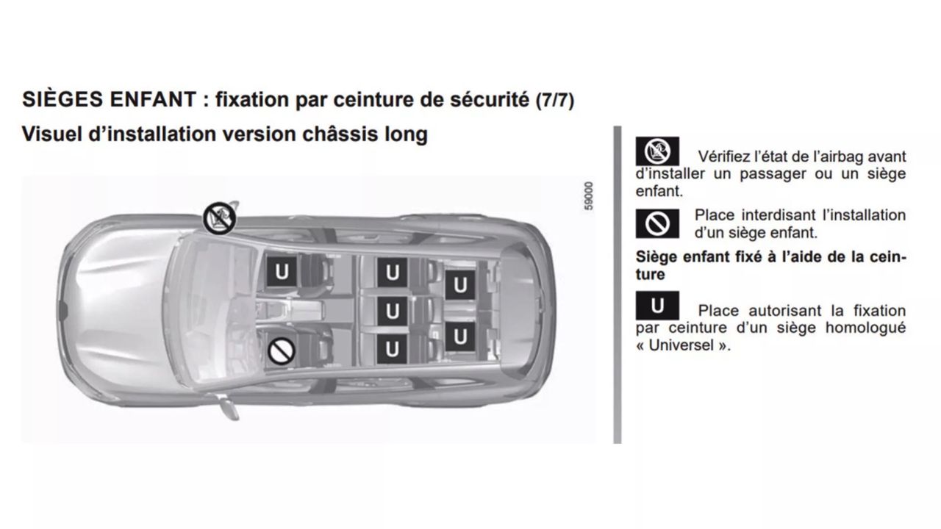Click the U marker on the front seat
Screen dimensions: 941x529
tap(282, 272)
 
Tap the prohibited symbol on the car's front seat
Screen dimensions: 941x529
tap(281, 351)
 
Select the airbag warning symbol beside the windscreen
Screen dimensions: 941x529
tap(219, 218)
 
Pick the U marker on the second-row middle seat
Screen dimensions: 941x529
tap(392, 311)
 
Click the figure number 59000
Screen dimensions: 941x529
tap(589, 195)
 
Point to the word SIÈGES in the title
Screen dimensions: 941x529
tap(62, 99)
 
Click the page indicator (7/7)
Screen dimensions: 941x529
tap(555, 101)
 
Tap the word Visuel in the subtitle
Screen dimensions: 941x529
tap(51, 134)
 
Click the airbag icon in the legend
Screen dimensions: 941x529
tap(657, 151)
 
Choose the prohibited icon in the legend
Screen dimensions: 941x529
tap(657, 224)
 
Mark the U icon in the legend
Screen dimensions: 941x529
tap(657, 306)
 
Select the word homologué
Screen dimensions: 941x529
tap(865, 328)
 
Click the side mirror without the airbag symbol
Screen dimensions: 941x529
tap(227, 406)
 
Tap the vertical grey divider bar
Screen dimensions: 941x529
tap(617, 284)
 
